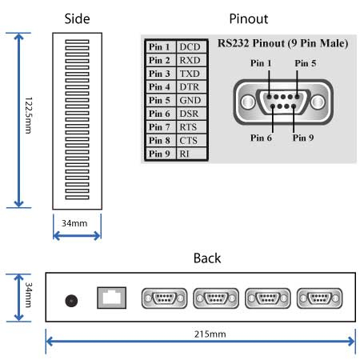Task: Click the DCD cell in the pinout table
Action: pos(190,47)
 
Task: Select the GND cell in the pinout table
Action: pos(190,100)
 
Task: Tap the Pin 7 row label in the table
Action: pos(159,127)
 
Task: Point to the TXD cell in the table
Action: pos(190,74)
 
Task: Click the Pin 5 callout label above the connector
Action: pos(306,63)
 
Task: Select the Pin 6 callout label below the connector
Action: pos(261,138)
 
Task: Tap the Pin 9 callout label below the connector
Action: pos(303,138)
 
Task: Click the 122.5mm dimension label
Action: pos(28,115)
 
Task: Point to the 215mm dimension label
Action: pos(210,334)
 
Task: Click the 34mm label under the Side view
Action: pos(74,223)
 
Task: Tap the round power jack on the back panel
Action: pos(71,301)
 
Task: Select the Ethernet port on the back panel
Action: pos(111,298)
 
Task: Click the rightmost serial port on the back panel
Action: pos(319,298)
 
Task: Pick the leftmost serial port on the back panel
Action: pos(164,298)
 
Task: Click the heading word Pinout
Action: pos(249,19)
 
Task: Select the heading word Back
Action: pos(207,258)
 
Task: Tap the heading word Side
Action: pos(77,19)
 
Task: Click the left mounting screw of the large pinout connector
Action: pos(248,102)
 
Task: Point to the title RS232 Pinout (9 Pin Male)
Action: pos(283,43)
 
